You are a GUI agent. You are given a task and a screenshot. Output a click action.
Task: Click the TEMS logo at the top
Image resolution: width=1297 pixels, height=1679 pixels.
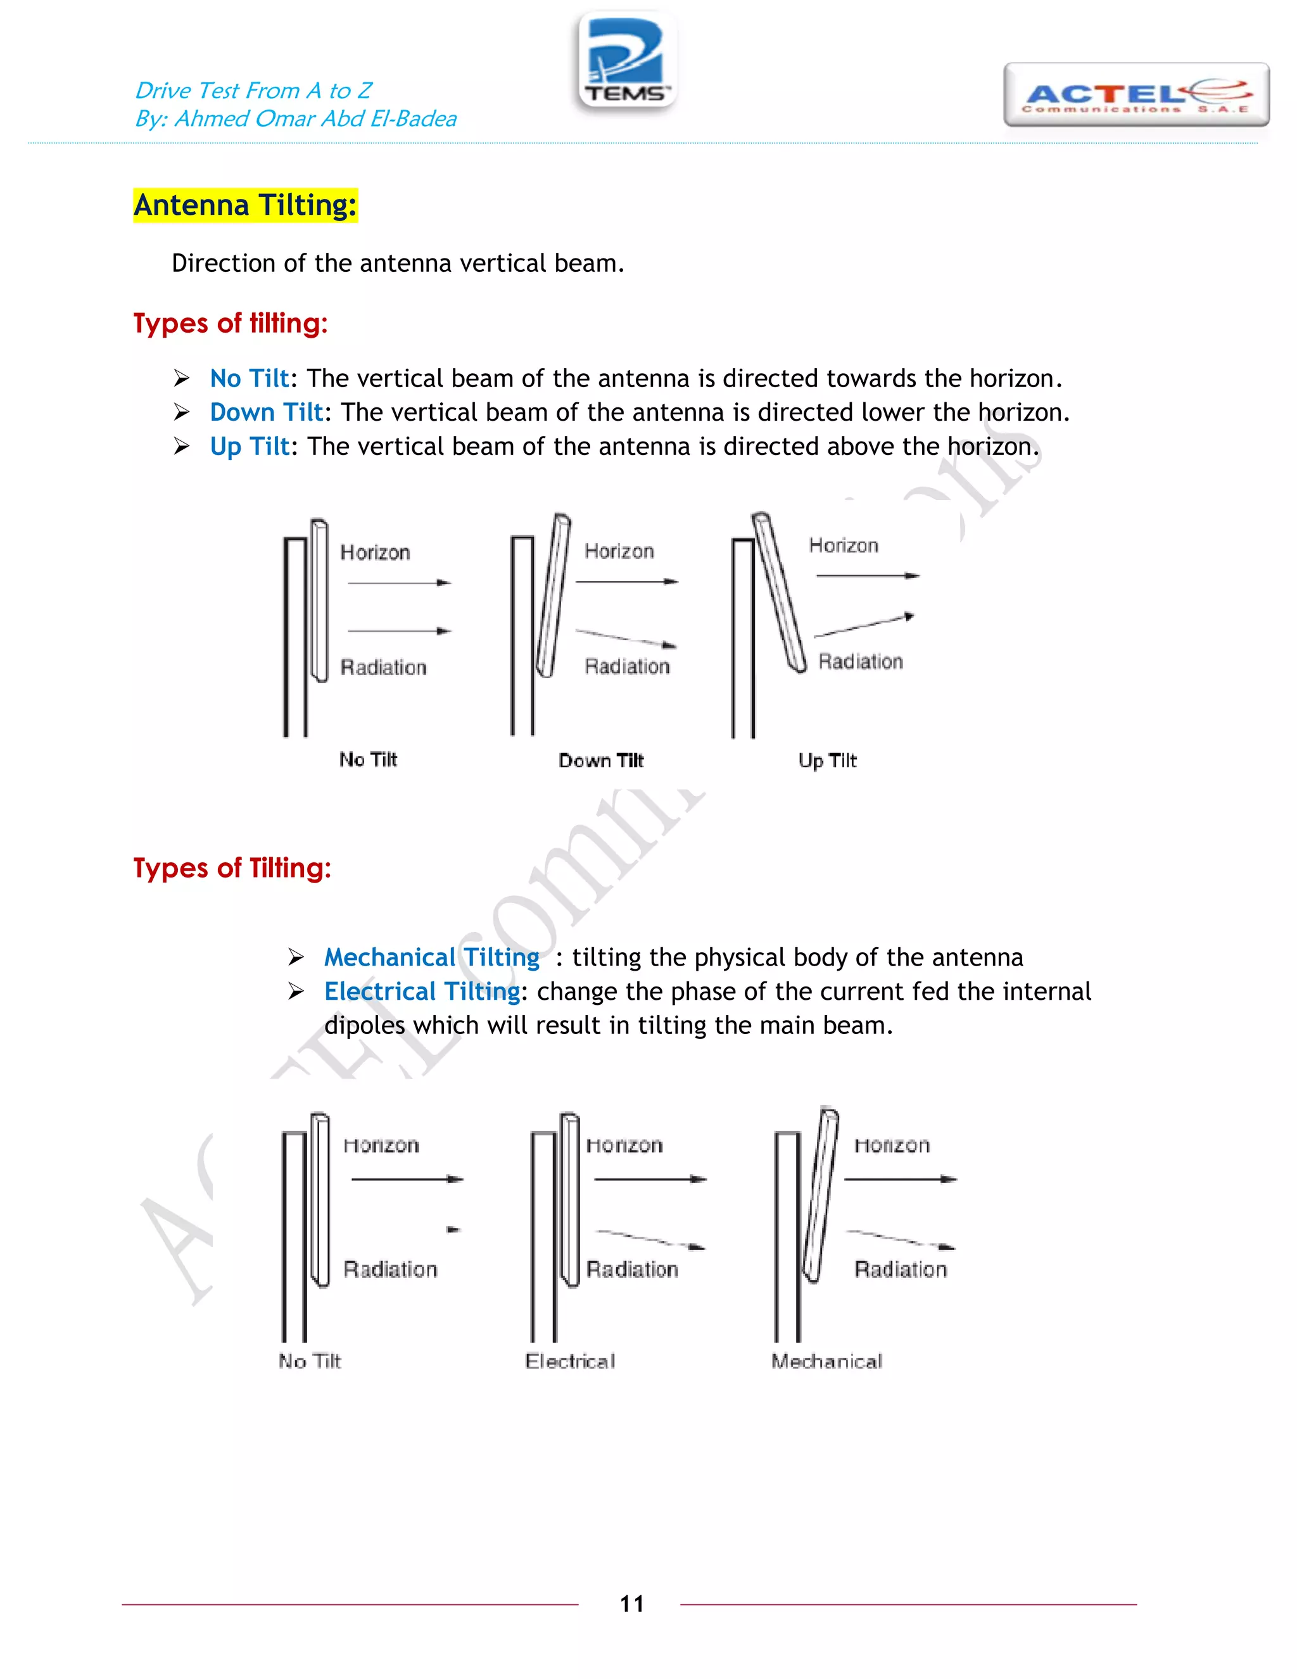[627, 61]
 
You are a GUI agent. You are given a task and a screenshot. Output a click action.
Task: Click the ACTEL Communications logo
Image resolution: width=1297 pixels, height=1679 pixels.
[1136, 95]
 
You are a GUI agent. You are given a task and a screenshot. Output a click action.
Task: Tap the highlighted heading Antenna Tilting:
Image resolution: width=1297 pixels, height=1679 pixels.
[245, 205]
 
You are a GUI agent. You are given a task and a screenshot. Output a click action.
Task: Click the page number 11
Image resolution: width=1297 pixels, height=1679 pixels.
[631, 1604]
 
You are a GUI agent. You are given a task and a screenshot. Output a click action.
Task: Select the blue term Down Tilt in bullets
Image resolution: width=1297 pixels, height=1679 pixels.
[266, 413]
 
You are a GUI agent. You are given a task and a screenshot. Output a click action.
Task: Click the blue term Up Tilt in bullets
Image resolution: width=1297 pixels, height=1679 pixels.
[250, 447]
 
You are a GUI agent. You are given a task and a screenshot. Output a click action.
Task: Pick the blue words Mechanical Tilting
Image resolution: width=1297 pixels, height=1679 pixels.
[432, 957]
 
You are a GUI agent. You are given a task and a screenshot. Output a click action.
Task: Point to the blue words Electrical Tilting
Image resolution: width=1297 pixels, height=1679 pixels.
[422, 992]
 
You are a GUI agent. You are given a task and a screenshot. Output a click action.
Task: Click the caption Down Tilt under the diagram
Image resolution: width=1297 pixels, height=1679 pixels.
[601, 760]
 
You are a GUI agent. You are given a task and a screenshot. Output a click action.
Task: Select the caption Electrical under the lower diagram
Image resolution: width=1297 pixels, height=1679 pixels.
[570, 1362]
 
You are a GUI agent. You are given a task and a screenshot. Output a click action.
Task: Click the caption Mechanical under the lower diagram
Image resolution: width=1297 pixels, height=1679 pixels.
[826, 1362]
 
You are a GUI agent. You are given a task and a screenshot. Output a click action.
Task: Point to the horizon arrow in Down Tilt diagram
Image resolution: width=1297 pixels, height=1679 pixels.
[626, 582]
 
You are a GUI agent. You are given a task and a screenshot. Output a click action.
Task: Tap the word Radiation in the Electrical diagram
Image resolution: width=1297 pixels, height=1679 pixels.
[633, 1269]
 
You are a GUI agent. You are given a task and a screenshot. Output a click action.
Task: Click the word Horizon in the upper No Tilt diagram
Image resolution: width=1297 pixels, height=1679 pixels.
[375, 552]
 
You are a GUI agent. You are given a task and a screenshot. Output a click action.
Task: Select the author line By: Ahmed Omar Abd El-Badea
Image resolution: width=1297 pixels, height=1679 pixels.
[296, 119]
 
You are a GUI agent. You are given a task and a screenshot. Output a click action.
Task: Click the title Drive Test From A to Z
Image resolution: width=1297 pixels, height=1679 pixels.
[253, 91]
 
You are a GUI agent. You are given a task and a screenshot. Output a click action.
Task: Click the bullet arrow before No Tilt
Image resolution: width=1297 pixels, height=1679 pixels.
[181, 378]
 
